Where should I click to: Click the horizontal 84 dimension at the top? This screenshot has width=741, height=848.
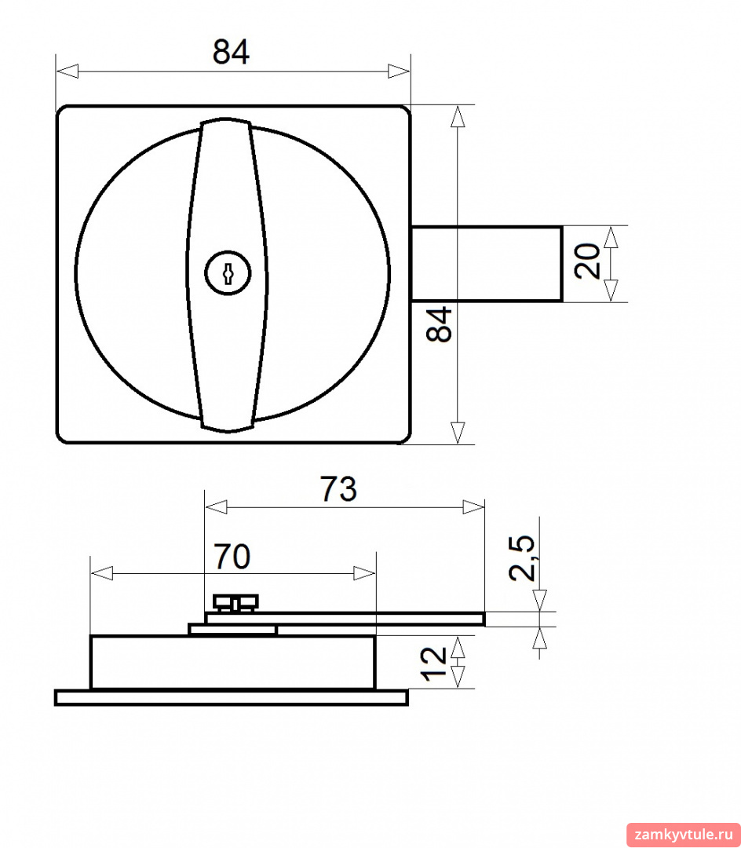pos(231,53)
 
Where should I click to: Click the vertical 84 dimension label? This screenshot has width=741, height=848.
pos(439,324)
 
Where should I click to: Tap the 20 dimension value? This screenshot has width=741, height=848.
pos(587,261)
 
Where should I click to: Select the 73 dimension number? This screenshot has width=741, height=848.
pos(339,489)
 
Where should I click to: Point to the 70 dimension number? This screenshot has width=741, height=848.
pos(232,557)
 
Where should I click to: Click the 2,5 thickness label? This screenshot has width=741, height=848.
pos(522,558)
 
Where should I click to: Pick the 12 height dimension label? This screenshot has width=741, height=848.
pos(433,663)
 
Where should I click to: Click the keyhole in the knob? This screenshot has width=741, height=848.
pos(228,273)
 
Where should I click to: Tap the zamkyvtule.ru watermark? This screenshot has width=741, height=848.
pos(683,834)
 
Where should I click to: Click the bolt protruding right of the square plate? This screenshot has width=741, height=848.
pos(487,263)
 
